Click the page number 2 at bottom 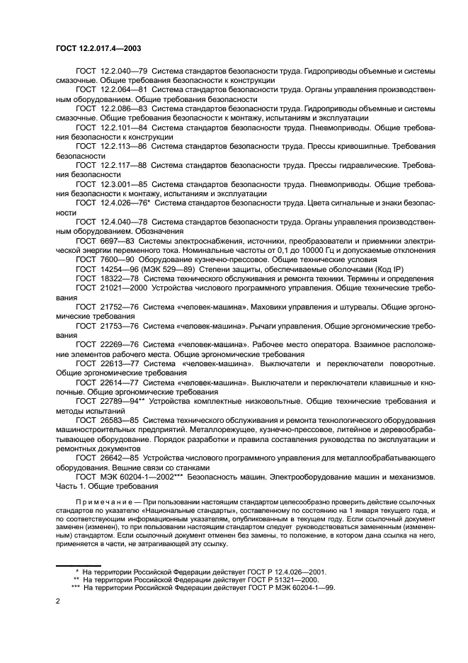tap(57, 600)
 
